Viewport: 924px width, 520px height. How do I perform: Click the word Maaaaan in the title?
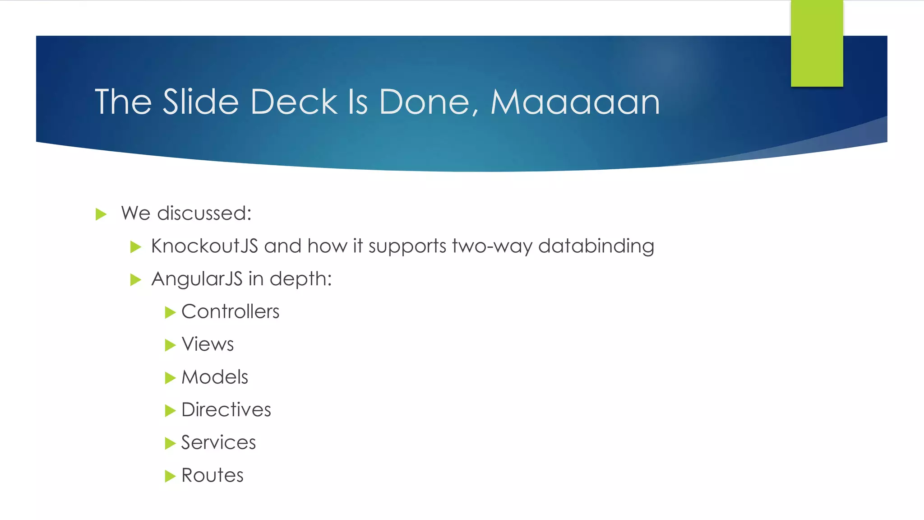click(x=575, y=102)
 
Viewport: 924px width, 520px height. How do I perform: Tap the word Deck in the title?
click(x=294, y=102)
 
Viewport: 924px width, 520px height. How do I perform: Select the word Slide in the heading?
click(x=200, y=102)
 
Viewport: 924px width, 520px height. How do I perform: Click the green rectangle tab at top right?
click(x=817, y=43)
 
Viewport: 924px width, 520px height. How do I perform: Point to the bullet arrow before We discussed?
click(x=101, y=214)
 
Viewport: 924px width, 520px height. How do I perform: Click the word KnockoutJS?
click(x=204, y=246)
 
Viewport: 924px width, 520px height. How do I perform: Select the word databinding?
click(x=596, y=246)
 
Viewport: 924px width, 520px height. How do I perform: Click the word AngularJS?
click(x=197, y=279)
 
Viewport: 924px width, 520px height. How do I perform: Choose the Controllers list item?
click(x=230, y=311)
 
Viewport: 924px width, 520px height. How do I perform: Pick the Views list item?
click(x=208, y=344)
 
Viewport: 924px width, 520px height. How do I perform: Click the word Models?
click(x=215, y=377)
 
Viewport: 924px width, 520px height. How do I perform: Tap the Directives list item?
click(x=226, y=410)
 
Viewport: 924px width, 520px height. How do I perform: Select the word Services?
click(x=218, y=442)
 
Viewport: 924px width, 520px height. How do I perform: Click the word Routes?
click(x=212, y=475)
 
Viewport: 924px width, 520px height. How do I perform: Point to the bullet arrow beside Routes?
click(x=170, y=476)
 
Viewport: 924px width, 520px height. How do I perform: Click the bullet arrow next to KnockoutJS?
click(x=135, y=247)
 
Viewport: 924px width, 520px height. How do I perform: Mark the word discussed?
click(x=204, y=213)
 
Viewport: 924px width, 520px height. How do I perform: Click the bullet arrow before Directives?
click(x=170, y=410)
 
